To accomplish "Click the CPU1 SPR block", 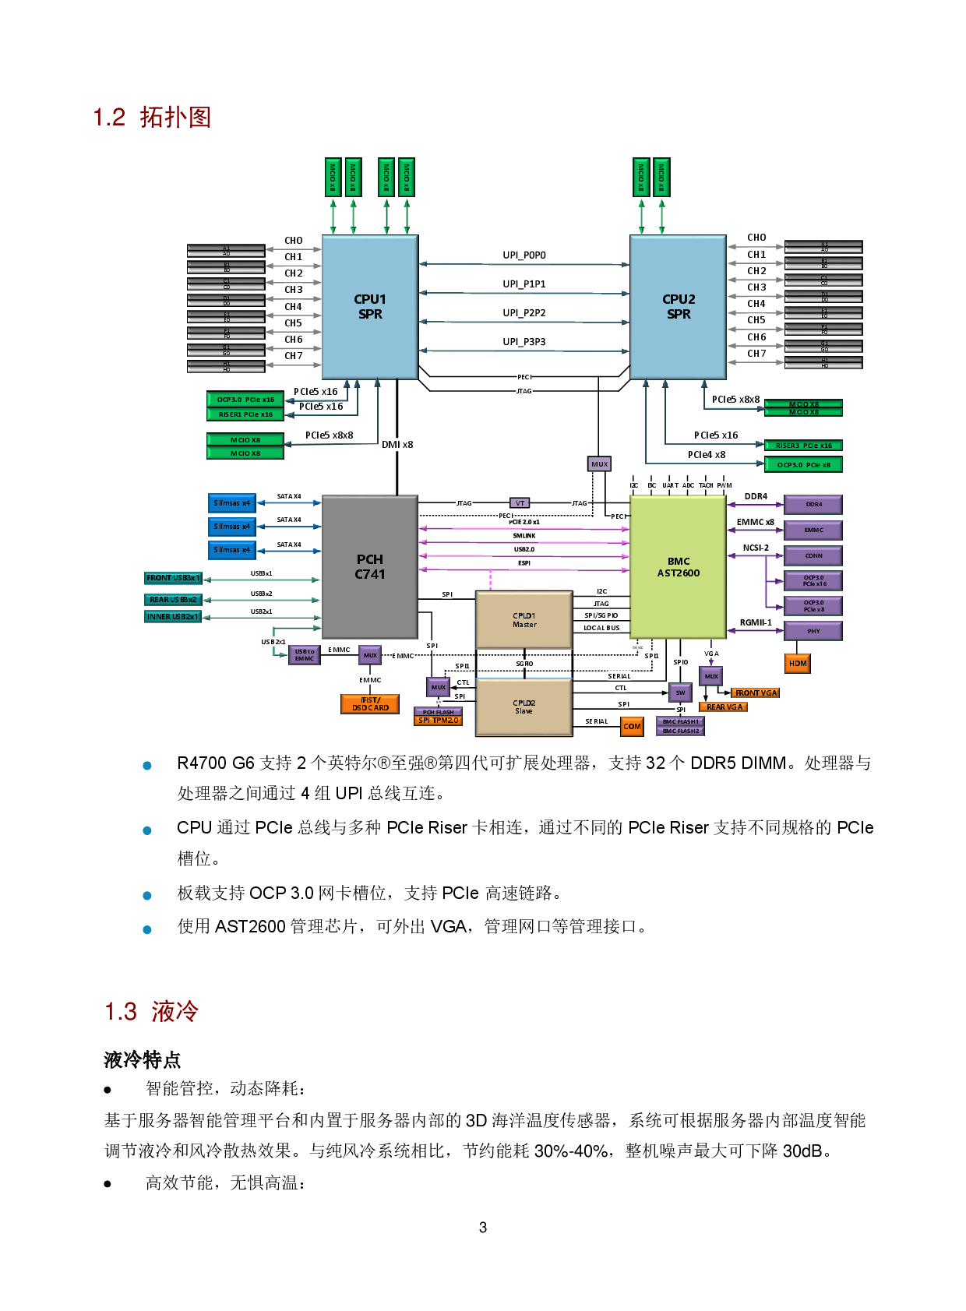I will (x=370, y=307).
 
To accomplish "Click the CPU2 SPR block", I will (x=679, y=307).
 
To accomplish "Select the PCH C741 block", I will (x=370, y=567).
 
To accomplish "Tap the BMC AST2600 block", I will (x=679, y=567).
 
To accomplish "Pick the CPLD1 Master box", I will (x=524, y=620).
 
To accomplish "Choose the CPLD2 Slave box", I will (x=524, y=707).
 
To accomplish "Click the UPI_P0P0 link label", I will (x=524, y=255).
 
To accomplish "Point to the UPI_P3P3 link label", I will (x=524, y=341).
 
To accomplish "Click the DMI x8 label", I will (x=397, y=444).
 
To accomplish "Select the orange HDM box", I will (x=798, y=663).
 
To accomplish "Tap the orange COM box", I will (x=632, y=726).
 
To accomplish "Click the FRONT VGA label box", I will (x=756, y=693).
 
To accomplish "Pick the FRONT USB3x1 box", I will (x=173, y=578).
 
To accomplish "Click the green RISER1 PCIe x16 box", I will (x=245, y=414).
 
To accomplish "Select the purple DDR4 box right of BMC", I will (x=813, y=504).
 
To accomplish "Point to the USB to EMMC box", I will (x=305, y=655).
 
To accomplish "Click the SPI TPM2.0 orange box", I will (x=439, y=721).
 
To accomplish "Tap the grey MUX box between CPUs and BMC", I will (x=599, y=463).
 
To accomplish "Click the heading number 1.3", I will (x=121, y=1012).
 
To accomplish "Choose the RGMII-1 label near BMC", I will (x=755, y=622).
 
